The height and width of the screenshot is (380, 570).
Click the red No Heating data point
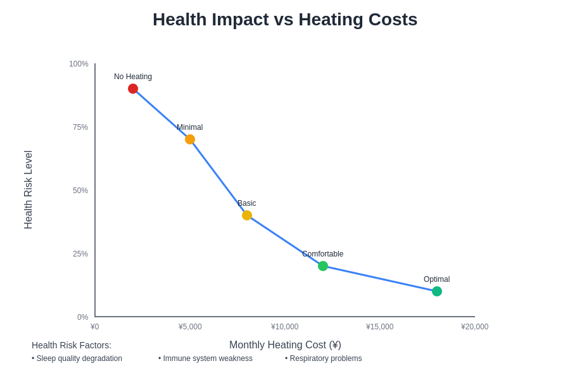133,89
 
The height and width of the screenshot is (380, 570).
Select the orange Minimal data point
190,139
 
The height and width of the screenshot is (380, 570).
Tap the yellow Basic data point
247,215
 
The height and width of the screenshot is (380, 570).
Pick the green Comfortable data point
323,266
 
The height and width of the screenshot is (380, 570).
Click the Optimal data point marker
437,291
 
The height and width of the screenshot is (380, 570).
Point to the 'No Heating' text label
133,77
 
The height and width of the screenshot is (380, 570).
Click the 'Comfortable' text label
322,254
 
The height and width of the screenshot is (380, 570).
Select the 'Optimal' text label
436,279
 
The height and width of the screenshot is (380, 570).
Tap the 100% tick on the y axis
79,64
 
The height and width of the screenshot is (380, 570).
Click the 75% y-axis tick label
80,127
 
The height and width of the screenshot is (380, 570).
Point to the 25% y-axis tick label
80,254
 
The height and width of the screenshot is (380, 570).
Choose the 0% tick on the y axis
83,317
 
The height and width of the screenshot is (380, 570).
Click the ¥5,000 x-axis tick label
190,327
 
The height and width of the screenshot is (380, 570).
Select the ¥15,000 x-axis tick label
379,327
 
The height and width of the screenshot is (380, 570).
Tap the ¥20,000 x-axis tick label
474,327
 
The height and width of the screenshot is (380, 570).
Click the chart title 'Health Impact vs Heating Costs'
285,20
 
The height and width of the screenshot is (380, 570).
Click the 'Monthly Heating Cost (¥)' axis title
285,345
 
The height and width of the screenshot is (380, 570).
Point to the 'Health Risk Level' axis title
28,190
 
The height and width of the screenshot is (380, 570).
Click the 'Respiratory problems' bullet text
325,358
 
